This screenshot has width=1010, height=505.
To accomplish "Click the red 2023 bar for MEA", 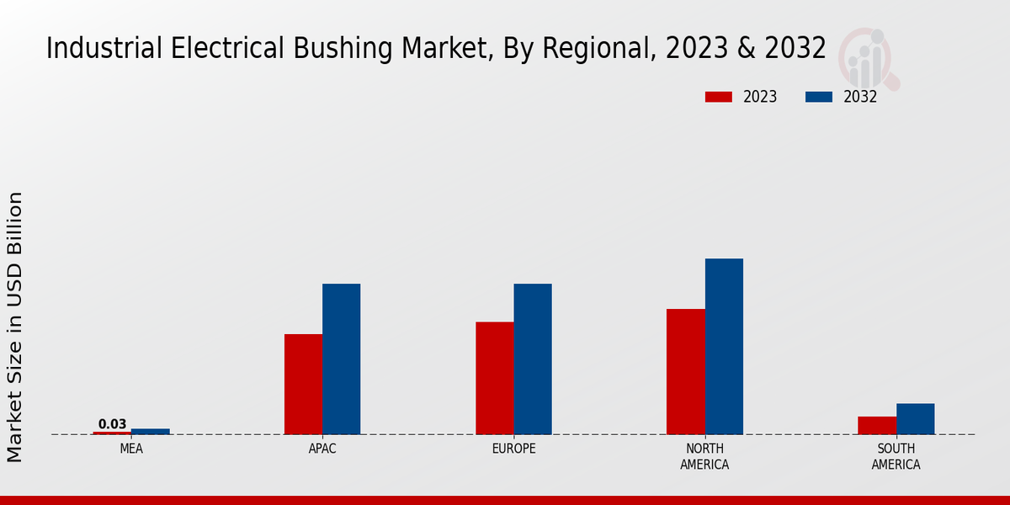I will coord(112,433).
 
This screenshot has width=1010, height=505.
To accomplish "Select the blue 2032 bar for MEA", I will coord(150,431).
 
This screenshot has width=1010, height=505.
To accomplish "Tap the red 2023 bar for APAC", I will coord(303,384).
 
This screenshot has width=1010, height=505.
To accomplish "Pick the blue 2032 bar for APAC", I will coord(341,359).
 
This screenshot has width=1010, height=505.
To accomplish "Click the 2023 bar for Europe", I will coord(494,378).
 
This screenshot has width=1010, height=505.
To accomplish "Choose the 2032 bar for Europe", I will coord(533,359).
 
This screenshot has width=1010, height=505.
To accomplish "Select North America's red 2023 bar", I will coord(685,371).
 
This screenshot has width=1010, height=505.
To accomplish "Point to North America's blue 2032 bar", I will coord(724,346).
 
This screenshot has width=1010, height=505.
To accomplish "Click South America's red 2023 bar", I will coord(877,425).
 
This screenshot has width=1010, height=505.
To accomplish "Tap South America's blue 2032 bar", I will coord(915,418).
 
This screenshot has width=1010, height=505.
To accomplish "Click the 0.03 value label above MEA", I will coord(112,424).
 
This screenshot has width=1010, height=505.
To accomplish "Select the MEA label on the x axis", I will coord(131,449).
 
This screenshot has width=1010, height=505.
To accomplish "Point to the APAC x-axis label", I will coord(322,449).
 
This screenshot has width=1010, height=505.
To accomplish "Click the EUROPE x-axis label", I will coord(513,449).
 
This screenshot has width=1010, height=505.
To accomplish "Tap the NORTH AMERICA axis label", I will coord(704,456).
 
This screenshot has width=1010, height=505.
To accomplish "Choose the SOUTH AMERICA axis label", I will coord(896,456).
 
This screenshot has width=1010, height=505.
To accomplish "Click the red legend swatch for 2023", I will coord(719,97).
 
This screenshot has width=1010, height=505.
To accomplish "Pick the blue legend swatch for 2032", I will coord(819,97).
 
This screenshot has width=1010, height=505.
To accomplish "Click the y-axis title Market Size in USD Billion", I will coord(15,327).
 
